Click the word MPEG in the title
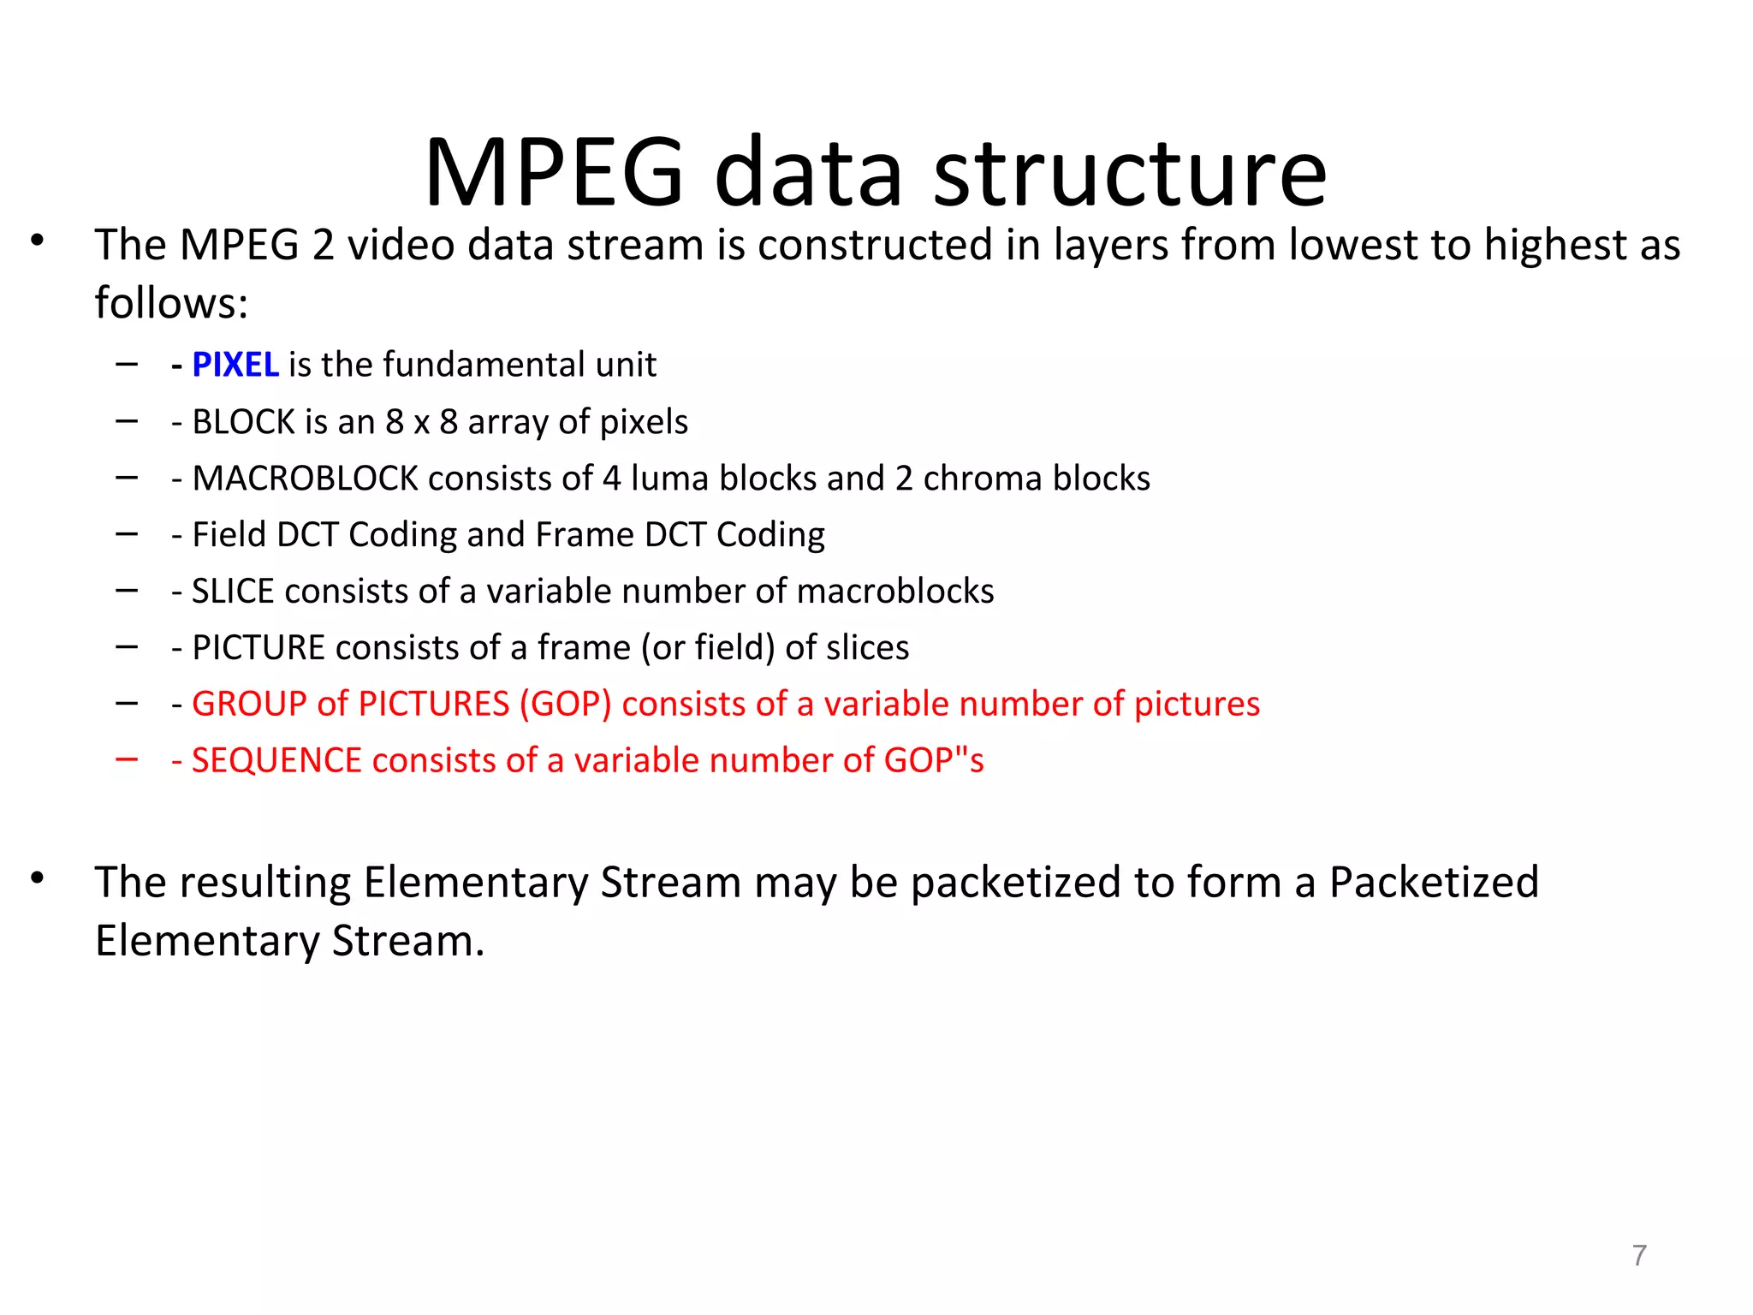click(554, 174)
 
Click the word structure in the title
click(1130, 174)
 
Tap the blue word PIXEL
click(235, 365)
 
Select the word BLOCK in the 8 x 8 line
click(244, 422)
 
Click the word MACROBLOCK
click(306, 479)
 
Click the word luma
click(670, 479)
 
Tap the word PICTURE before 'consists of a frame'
click(258, 648)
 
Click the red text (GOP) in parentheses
click(565, 705)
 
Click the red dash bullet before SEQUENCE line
click(127, 759)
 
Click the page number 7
click(1639, 1255)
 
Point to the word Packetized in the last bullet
click(1434, 883)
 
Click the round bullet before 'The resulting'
click(37, 878)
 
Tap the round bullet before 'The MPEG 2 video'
click(37, 241)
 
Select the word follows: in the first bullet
click(171, 303)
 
